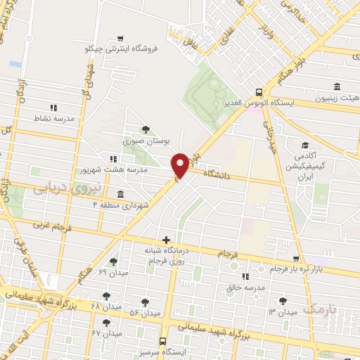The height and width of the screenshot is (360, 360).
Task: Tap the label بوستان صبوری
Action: tap(148, 141)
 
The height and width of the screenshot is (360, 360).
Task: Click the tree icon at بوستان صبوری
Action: tap(146, 129)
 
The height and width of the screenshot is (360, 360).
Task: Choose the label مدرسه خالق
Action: tap(246, 288)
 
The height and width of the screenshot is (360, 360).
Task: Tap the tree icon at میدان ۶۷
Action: tap(105, 323)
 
